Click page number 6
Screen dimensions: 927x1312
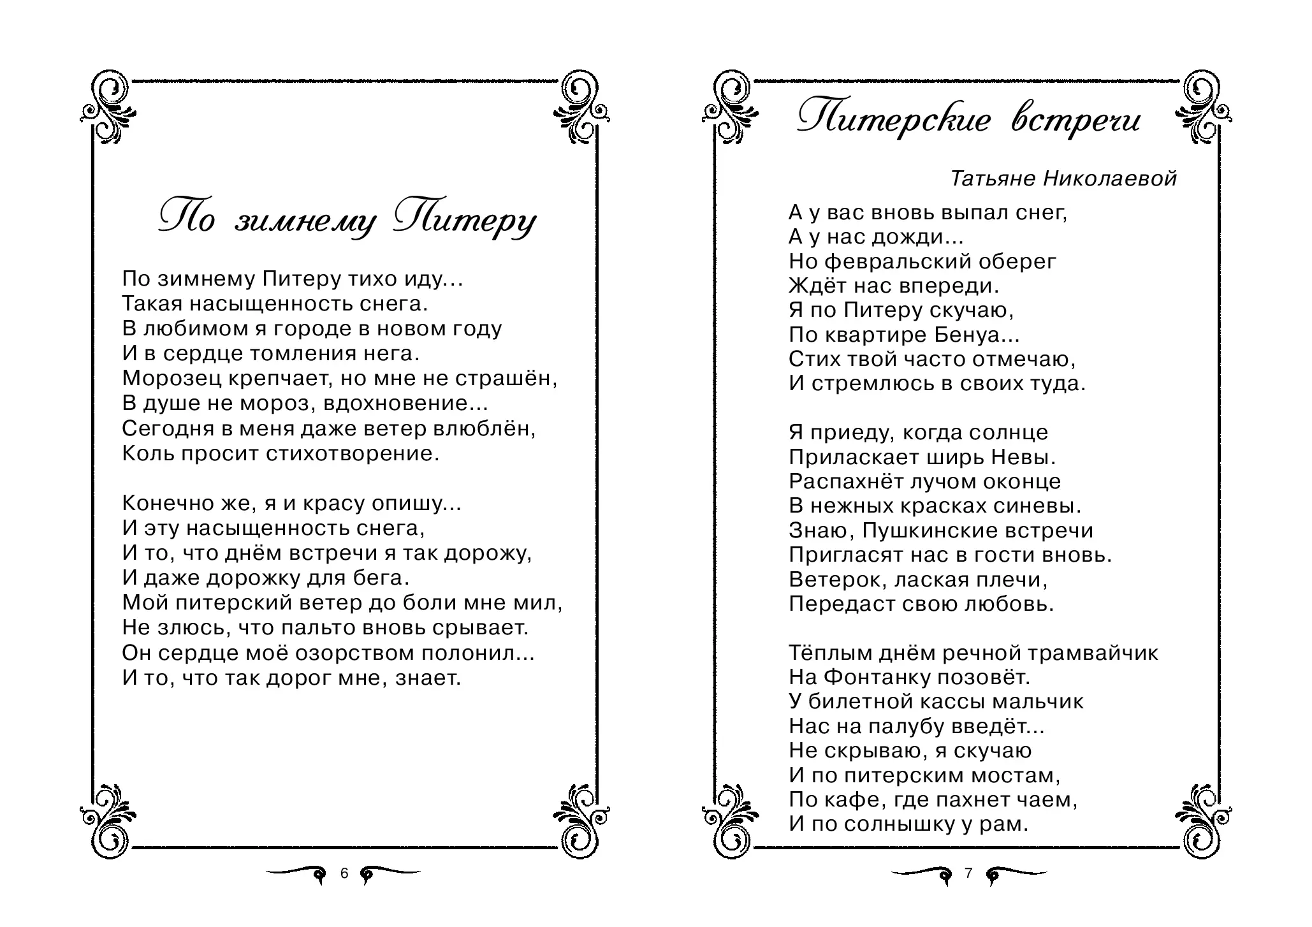coord(344,873)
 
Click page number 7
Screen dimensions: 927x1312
coord(968,873)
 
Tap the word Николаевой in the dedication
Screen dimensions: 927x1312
coord(1110,179)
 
